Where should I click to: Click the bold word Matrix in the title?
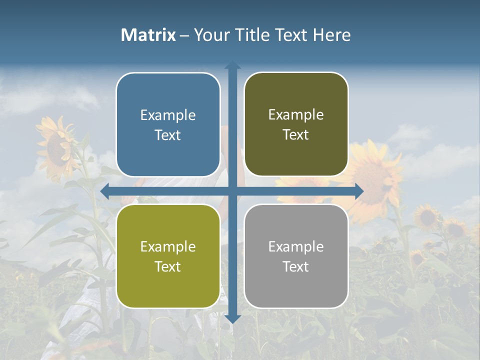pyautogui.click(x=148, y=35)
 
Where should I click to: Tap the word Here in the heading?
pyautogui.click(x=331, y=35)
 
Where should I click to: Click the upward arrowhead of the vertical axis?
pyautogui.click(x=232, y=65)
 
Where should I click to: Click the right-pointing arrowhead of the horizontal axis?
pyautogui.click(x=358, y=191)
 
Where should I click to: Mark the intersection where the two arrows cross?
pyautogui.click(x=232, y=191)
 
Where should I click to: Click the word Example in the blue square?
pyautogui.click(x=168, y=115)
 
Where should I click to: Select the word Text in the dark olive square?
pyautogui.click(x=296, y=135)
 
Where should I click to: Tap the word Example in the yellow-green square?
pyautogui.click(x=168, y=247)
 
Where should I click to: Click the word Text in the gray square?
pyautogui.click(x=296, y=267)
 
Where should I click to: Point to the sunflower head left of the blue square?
pyautogui.click(x=57, y=145)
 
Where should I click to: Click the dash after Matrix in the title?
pyautogui.click(x=184, y=35)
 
